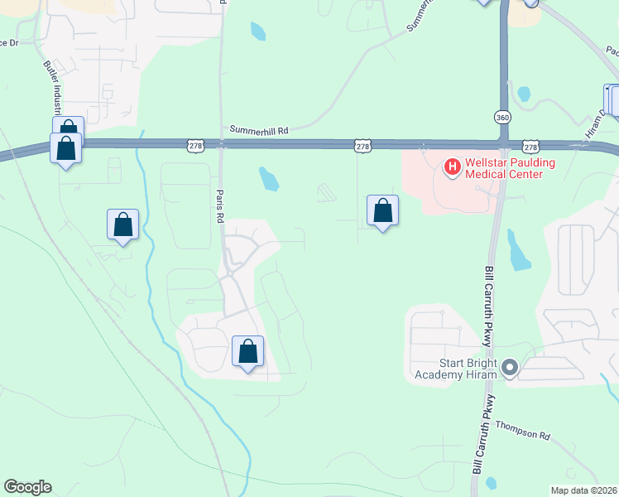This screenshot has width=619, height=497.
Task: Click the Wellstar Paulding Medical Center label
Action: coord(503,168)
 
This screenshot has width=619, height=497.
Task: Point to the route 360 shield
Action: coord(502,117)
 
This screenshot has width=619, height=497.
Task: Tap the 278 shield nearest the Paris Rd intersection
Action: coord(195,145)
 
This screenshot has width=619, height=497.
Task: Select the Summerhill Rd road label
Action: coord(259,130)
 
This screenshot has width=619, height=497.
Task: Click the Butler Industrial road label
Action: coord(51,89)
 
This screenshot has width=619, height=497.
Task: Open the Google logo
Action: coord(27,487)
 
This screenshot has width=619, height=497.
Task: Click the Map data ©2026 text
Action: coord(584,490)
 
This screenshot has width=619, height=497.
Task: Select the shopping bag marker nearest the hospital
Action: coord(382,211)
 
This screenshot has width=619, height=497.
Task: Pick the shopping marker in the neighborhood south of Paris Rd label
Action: coord(247,352)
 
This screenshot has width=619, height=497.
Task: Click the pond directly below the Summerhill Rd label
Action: coord(268,178)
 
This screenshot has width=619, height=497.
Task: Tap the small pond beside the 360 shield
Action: coord(523,94)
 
